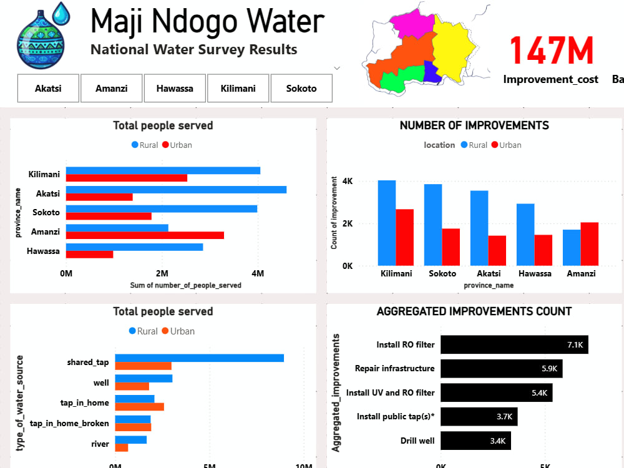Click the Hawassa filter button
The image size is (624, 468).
click(x=175, y=89)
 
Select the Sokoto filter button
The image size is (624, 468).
click(x=301, y=89)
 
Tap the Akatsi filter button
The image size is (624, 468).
click(x=48, y=89)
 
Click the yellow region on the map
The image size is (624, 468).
click(x=453, y=50)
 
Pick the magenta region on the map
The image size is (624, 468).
click(x=412, y=24)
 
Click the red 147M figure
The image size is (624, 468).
click(x=551, y=50)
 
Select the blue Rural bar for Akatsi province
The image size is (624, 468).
click(x=177, y=190)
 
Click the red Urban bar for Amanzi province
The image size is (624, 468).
click(x=145, y=235)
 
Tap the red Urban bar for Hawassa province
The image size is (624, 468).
click(x=89, y=255)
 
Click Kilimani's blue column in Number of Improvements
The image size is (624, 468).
click(x=387, y=223)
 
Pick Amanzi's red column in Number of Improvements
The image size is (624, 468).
click(x=590, y=244)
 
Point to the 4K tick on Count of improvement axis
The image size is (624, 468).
click(x=348, y=181)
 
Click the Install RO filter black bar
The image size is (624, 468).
click(x=514, y=344)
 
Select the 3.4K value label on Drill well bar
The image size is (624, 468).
click(x=498, y=441)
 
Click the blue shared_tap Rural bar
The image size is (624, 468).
click(x=200, y=358)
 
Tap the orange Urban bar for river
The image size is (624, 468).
click(x=122, y=447)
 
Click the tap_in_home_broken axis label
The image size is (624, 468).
click(x=69, y=423)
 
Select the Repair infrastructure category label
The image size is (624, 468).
click(x=395, y=369)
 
